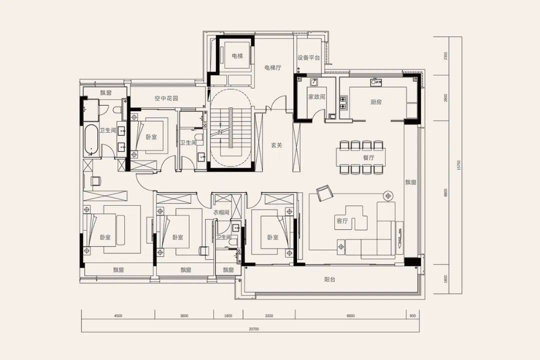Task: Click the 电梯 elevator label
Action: pyautogui.click(x=237, y=56)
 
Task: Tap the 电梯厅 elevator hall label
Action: pyautogui.click(x=273, y=67)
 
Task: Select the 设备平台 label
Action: pyautogui.click(x=308, y=58)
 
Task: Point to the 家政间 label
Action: pyautogui.click(x=316, y=97)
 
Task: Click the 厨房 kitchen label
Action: pyautogui.click(x=376, y=102)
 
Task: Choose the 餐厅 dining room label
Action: pyautogui.click(x=368, y=158)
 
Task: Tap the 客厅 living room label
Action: pyautogui.click(x=342, y=221)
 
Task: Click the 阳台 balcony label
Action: pyautogui.click(x=329, y=279)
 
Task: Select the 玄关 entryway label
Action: pyautogui.click(x=276, y=145)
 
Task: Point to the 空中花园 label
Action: pyautogui.click(x=166, y=98)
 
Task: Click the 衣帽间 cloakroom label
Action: pyautogui.click(x=221, y=212)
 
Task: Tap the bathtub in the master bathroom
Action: pyautogui.click(x=91, y=139)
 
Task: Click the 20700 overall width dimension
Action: pyautogui.click(x=254, y=329)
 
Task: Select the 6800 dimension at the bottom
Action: pyautogui.click(x=350, y=315)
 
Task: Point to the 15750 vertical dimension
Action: pyautogui.click(x=458, y=165)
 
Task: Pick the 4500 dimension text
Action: pyautogui.click(x=118, y=315)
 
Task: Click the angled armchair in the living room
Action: pyautogui.click(x=324, y=193)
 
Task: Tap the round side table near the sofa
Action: pyautogui.click(x=388, y=196)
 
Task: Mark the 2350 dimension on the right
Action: pyautogui.click(x=445, y=56)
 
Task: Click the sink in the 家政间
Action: pyautogui.click(x=313, y=82)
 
